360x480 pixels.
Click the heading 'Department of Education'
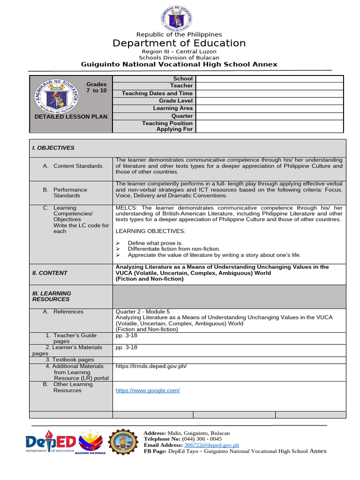coord(179,44)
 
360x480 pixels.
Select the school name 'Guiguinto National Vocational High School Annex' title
coord(179,64)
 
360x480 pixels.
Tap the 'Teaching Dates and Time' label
coord(157,93)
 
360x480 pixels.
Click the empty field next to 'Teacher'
coord(270,86)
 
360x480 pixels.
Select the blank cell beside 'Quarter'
coord(270,116)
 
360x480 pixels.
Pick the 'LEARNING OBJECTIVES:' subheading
coord(150,231)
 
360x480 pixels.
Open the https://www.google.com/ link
coord(148,390)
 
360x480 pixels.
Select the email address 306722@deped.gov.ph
coord(211,445)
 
